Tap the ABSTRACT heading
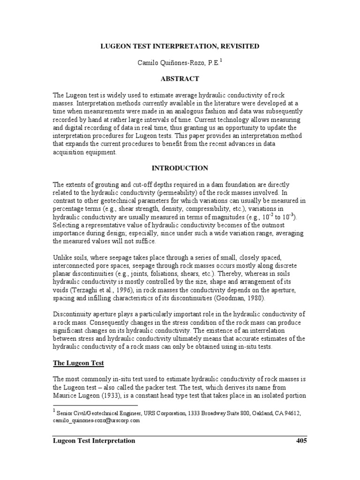click(x=180, y=79)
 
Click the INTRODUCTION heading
click(x=180, y=168)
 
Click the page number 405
click(x=301, y=441)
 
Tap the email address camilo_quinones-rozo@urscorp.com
click(x=97, y=420)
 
